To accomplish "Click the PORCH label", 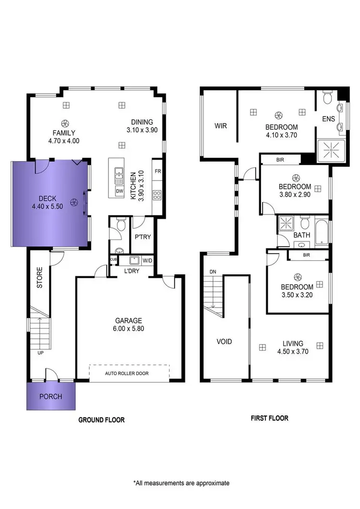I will tap(50, 397).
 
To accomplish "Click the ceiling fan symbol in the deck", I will tap(73, 203).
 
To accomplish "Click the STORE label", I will tap(40, 278).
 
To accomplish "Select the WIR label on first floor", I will tap(220, 126).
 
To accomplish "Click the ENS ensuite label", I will tap(328, 118).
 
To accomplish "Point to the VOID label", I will tap(224, 342).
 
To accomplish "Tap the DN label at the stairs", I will tap(213, 272).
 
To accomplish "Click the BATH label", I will tap(302, 235).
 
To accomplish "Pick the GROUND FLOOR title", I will tap(101, 420).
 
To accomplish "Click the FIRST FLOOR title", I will tap(269, 418).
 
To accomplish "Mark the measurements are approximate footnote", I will tap(181, 483).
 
